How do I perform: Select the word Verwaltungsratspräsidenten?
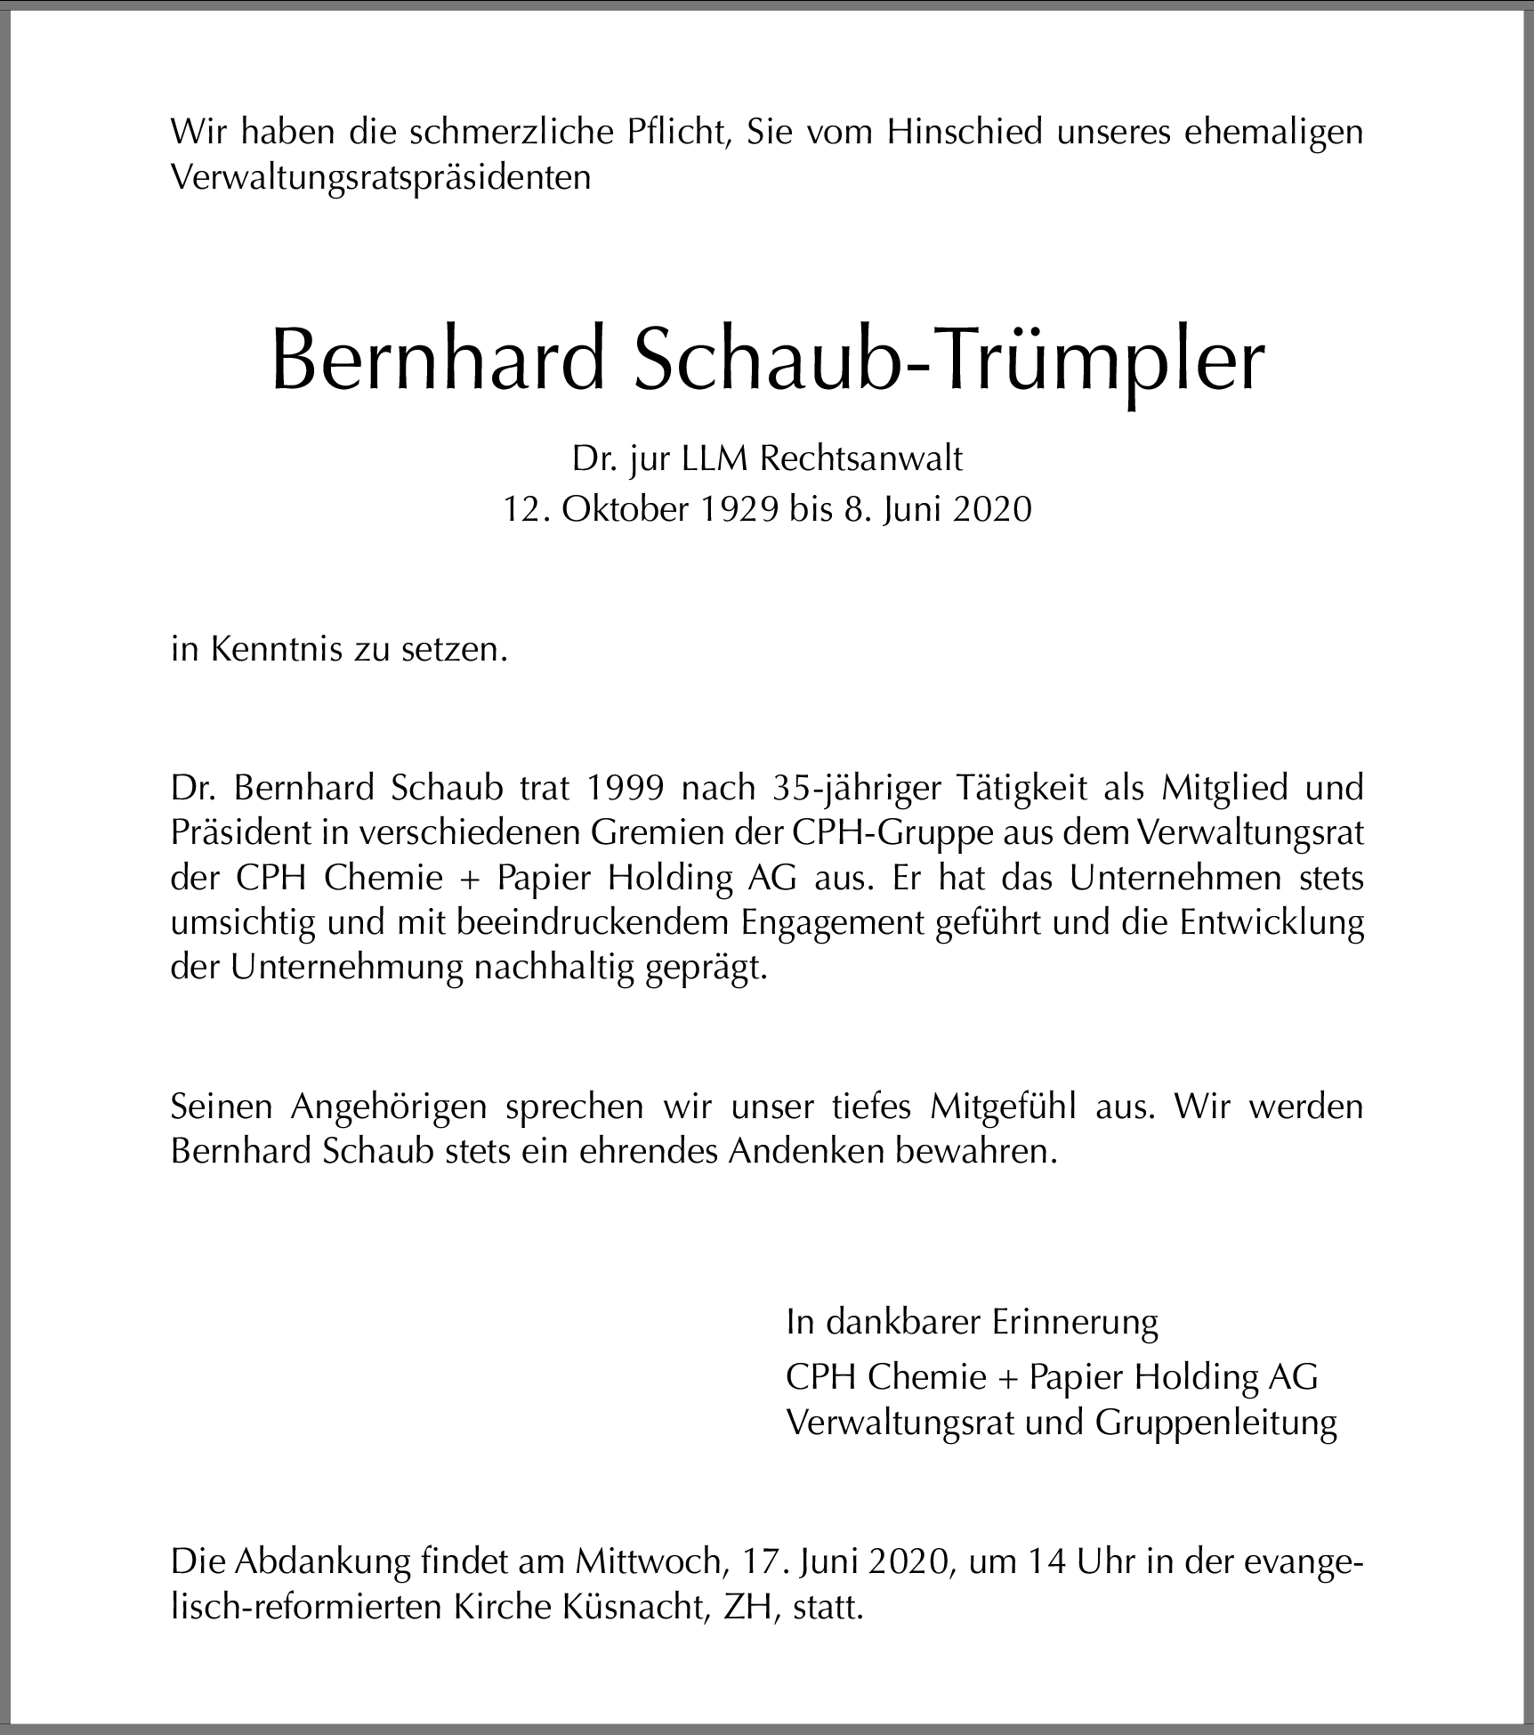coord(381,178)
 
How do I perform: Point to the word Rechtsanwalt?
coord(862,458)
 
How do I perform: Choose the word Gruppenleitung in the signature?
coord(1215,1423)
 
